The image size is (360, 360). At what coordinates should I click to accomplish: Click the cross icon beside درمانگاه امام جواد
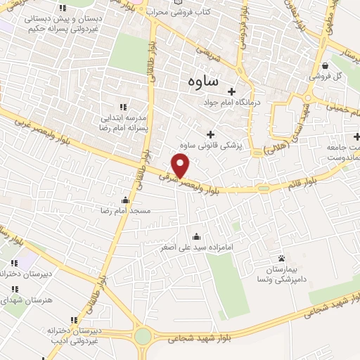point(231,91)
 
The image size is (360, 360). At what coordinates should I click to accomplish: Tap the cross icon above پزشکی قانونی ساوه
point(210,134)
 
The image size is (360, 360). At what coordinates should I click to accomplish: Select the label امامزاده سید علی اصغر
point(196,247)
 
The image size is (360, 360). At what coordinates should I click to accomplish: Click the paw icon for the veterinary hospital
point(281,259)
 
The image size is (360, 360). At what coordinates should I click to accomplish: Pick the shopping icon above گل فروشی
point(325,65)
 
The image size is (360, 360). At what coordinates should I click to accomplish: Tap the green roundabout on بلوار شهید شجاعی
point(143,336)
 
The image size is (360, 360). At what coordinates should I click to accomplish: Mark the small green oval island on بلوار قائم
point(263,188)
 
